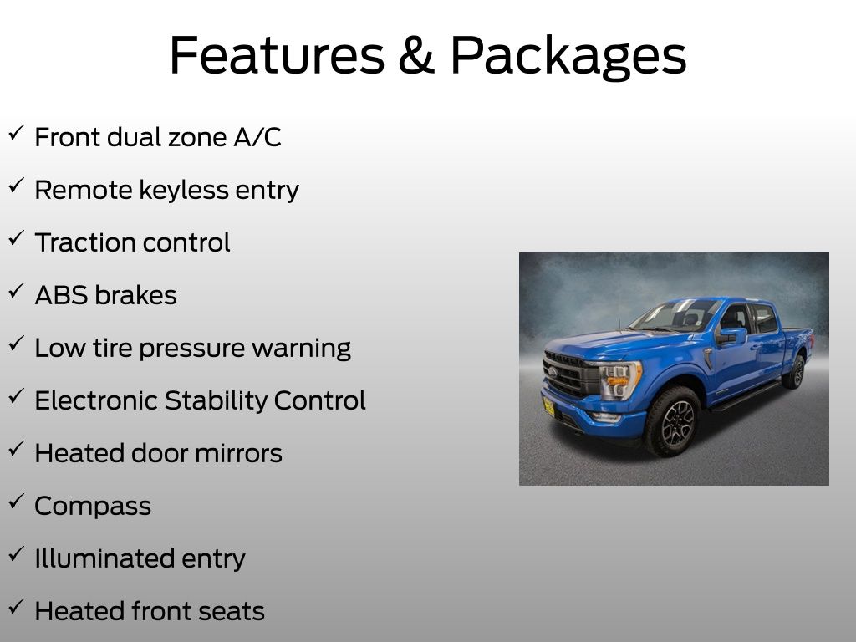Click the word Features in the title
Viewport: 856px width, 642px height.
pyautogui.click(x=278, y=54)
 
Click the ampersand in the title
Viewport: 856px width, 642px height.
pyautogui.click(x=416, y=54)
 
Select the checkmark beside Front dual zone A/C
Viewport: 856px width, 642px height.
pyautogui.click(x=17, y=132)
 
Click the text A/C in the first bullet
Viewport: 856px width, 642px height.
pyautogui.click(x=257, y=136)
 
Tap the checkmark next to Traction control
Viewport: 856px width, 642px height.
pyautogui.click(x=17, y=237)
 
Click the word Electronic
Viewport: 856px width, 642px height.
pyautogui.click(x=96, y=400)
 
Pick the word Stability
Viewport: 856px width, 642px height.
pyautogui.click(x=216, y=401)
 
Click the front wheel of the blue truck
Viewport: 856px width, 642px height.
pyautogui.click(x=673, y=421)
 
